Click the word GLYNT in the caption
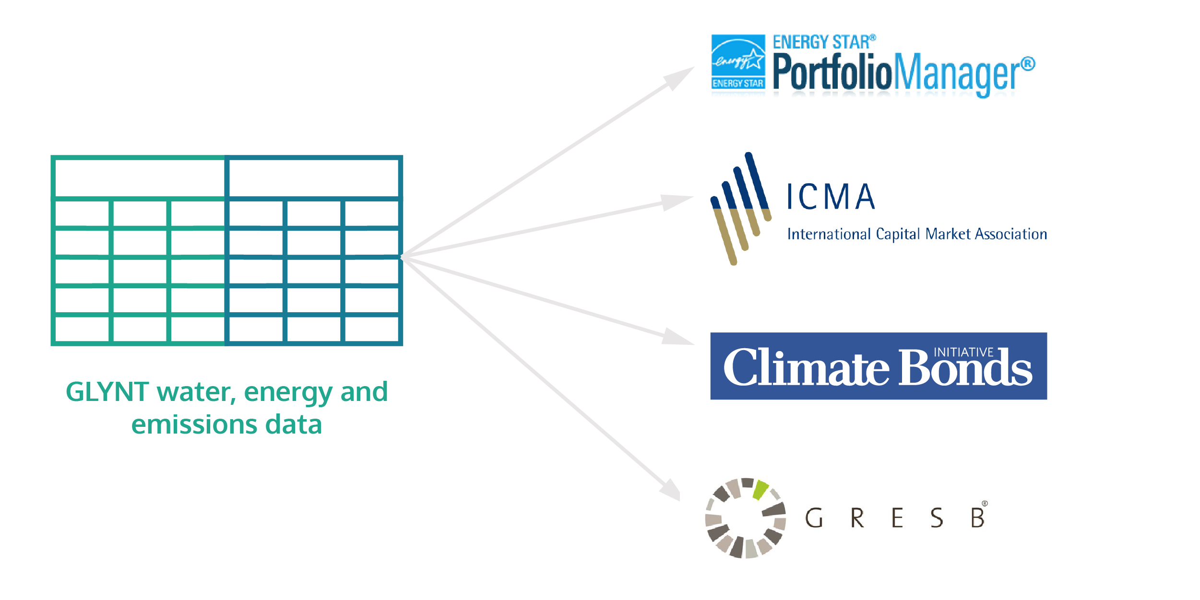tap(107, 392)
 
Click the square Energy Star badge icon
tap(738, 62)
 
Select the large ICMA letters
tap(831, 197)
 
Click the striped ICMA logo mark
tap(740, 209)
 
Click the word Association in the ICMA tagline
tap(1011, 234)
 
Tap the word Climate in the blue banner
tap(806, 368)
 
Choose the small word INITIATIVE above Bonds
tap(963, 353)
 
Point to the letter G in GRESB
tap(814, 518)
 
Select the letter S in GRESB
tap(937, 518)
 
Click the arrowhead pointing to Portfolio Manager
tap(680, 77)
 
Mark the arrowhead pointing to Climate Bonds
tap(677, 337)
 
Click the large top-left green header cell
tap(140, 178)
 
